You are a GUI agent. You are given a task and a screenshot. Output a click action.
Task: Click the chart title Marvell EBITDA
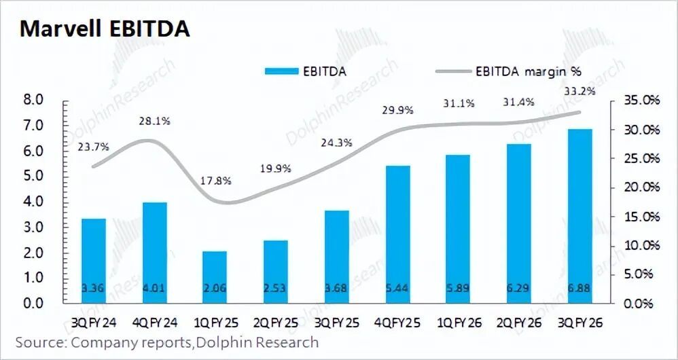(x=105, y=29)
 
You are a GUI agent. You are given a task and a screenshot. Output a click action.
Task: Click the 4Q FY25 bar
(x=397, y=234)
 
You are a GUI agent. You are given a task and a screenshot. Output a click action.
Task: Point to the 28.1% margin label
(x=156, y=122)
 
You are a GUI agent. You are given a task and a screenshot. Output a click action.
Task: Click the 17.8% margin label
(x=217, y=181)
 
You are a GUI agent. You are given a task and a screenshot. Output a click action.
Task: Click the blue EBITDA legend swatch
(x=280, y=71)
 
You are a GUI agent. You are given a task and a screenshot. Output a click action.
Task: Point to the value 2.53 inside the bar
(x=275, y=289)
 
